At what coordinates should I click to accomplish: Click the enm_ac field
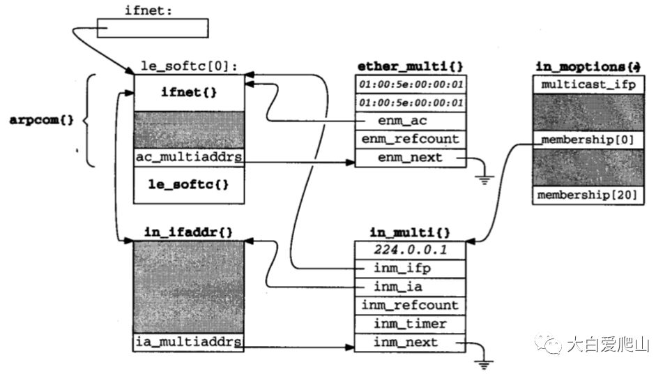coord(410,121)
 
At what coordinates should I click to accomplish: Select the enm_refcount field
coord(410,139)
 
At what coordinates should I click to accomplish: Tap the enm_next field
coord(410,158)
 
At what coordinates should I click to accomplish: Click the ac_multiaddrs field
coord(189,158)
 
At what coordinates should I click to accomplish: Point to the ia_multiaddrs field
coord(189,343)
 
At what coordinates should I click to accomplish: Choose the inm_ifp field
coord(410,268)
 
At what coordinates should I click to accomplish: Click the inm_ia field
coord(410,286)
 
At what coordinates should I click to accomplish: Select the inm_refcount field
coord(410,305)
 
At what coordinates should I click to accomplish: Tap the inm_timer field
coord(410,324)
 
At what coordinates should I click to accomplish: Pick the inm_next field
coord(410,343)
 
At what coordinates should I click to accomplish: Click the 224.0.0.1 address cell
coord(410,249)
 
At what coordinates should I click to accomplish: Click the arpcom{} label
coord(41,120)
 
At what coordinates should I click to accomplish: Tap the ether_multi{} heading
coord(410,66)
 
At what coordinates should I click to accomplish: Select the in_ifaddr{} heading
coord(189,231)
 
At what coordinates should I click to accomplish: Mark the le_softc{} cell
coord(189,185)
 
